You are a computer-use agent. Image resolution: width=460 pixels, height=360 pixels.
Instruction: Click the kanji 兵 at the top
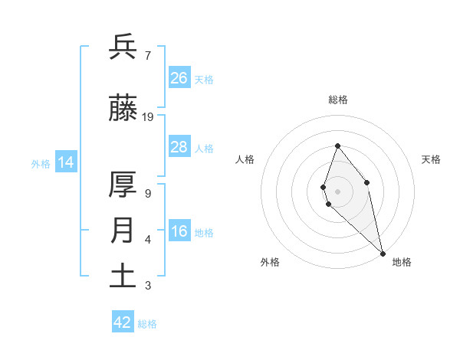[123, 47]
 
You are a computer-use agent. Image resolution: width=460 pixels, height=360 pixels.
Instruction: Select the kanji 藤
[123, 109]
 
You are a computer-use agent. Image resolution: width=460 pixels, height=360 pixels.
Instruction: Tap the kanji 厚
[123, 186]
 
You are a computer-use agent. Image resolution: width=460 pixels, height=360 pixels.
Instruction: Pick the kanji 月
[123, 231]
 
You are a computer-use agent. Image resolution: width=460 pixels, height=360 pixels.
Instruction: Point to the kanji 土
[123, 276]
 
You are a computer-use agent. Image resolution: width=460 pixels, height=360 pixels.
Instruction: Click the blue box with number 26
[179, 78]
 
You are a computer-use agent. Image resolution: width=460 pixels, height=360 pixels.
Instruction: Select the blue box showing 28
[179, 147]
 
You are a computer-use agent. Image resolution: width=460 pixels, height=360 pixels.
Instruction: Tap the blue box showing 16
[179, 232]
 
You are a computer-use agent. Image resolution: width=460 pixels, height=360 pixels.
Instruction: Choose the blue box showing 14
[66, 163]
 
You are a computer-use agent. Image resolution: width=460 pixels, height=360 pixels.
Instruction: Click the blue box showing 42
[123, 322]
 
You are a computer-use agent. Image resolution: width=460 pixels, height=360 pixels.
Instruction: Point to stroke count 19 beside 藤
[148, 117]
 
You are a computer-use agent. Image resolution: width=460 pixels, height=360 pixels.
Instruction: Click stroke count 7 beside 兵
[147, 56]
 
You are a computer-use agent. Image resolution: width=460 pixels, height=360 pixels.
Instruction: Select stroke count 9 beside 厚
[147, 194]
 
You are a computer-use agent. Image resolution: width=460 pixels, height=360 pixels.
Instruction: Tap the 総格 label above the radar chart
[338, 100]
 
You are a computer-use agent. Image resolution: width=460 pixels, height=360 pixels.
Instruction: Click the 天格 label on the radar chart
[431, 159]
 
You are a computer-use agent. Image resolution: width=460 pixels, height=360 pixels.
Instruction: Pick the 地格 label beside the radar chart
[402, 262]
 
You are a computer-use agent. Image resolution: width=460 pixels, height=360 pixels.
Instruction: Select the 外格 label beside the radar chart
[270, 262]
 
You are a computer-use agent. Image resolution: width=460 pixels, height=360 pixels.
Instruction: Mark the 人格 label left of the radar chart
[245, 159]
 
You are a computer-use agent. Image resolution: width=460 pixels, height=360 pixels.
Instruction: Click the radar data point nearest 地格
[383, 253]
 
